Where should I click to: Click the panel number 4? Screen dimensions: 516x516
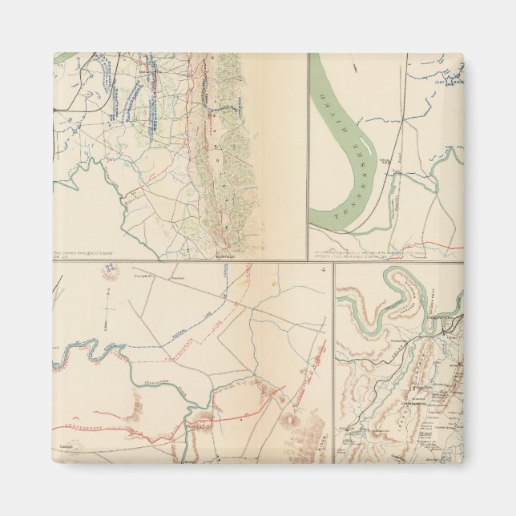coord(322,268)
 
